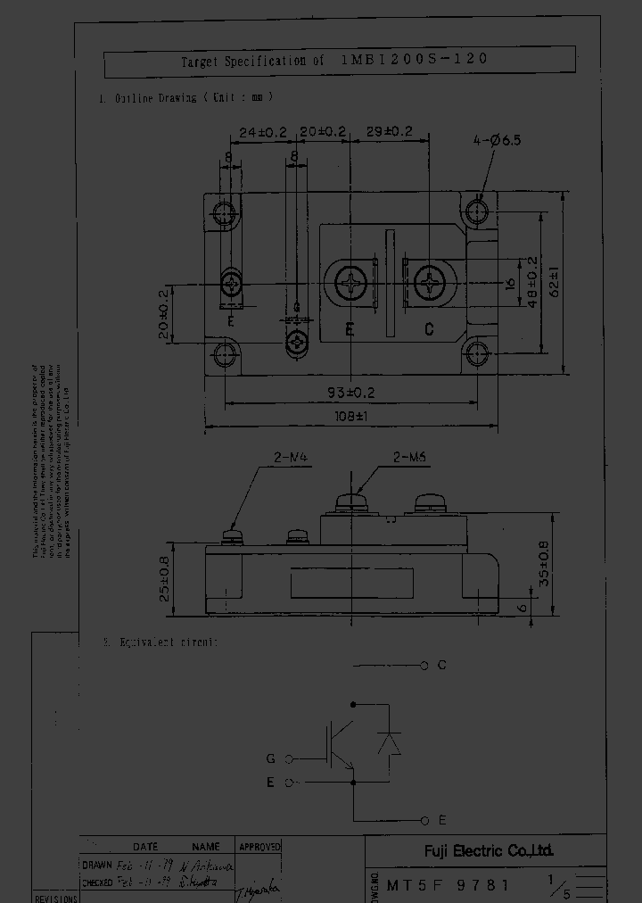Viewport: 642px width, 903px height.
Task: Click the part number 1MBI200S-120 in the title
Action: (415, 61)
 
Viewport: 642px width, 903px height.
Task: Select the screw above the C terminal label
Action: (429, 285)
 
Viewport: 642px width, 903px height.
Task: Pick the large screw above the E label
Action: (350, 285)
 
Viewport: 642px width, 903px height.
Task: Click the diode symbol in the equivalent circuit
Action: (389, 743)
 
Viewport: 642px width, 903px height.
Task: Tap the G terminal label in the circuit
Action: (270, 759)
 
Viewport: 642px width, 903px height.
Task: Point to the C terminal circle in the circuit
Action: (424, 666)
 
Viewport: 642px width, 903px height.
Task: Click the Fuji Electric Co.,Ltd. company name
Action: (488, 850)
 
